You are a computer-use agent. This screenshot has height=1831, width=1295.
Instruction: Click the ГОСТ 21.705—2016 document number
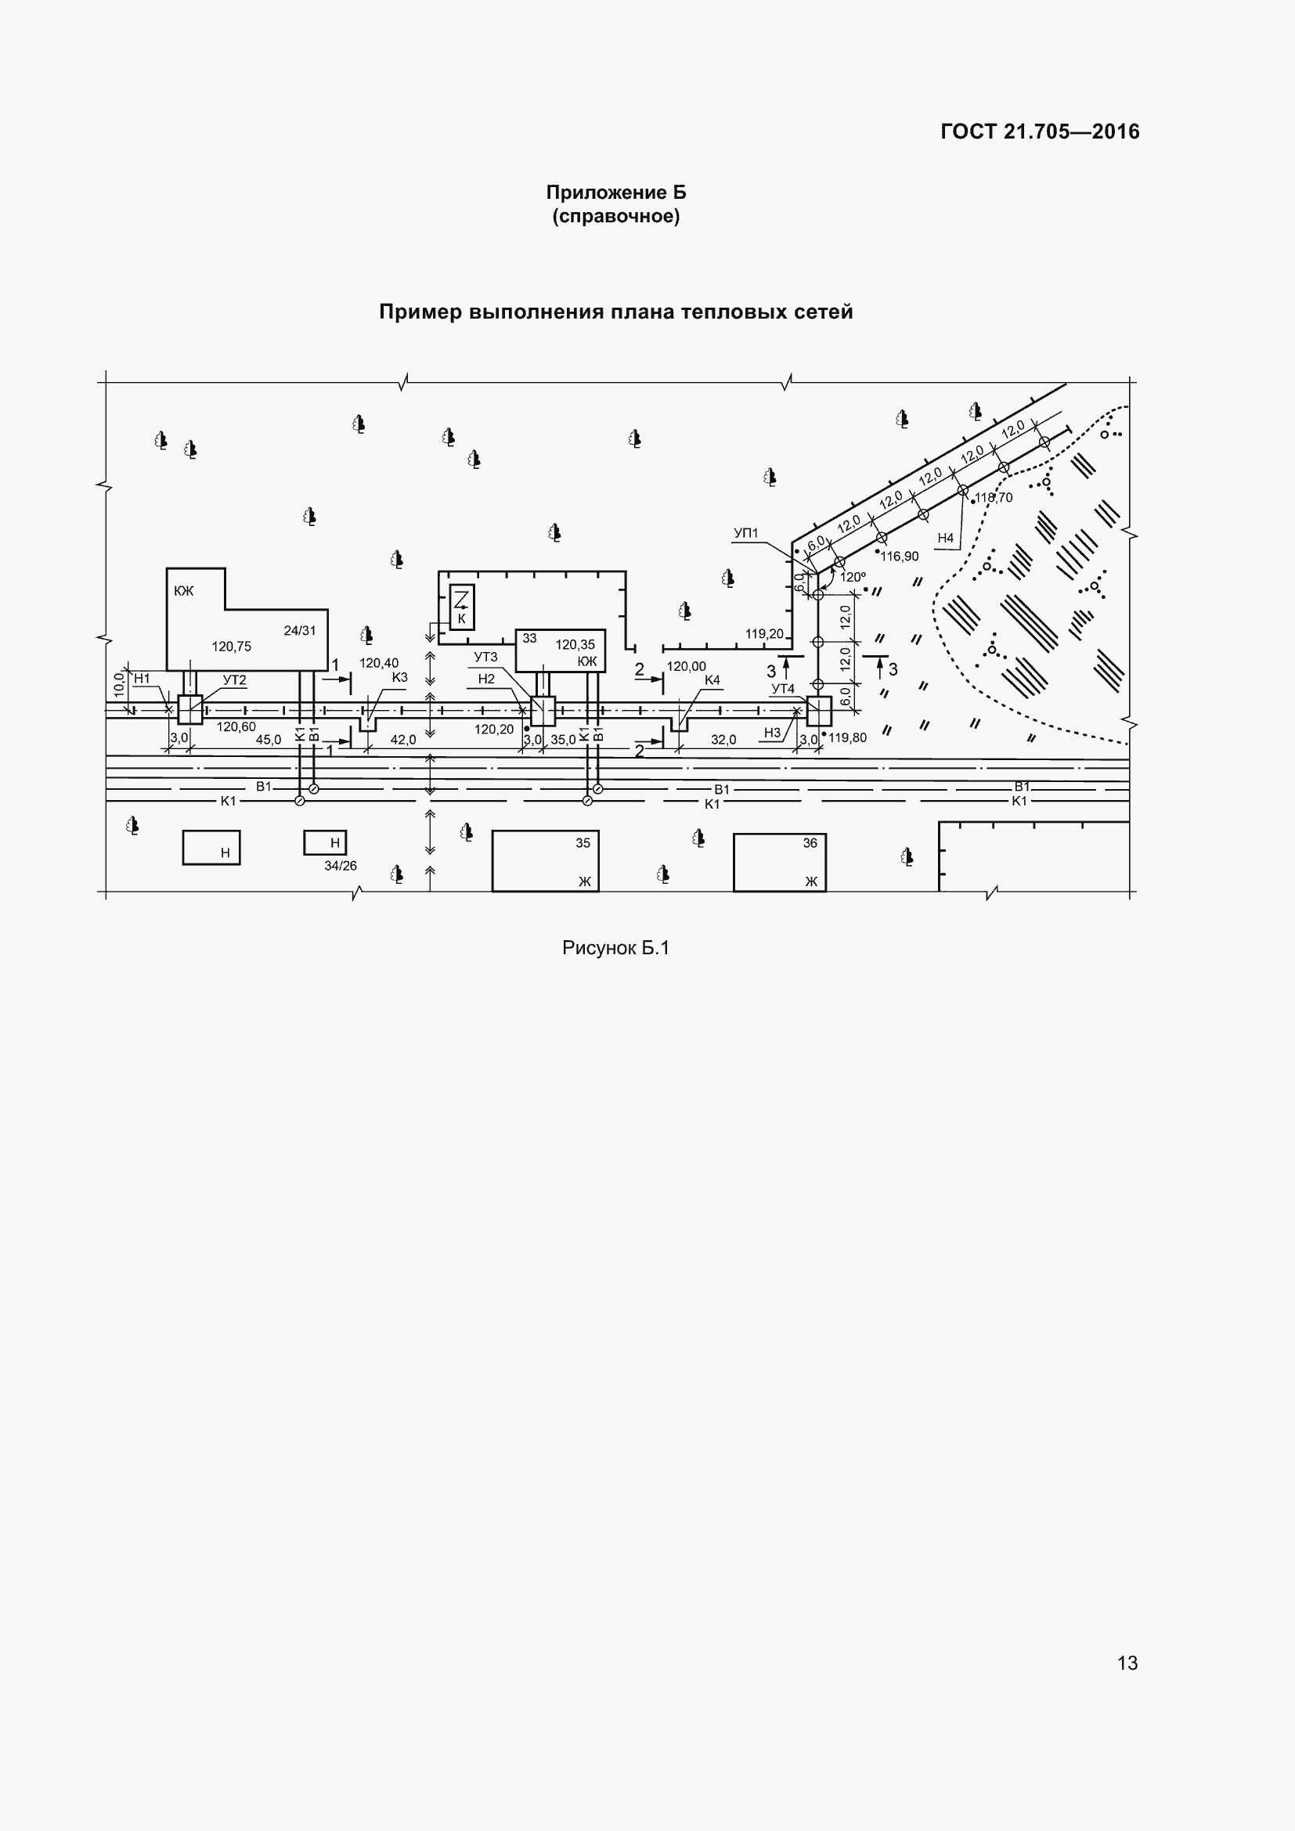click(x=1040, y=132)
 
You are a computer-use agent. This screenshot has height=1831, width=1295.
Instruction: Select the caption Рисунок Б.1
click(x=615, y=947)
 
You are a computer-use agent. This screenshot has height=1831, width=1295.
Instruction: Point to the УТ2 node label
click(x=234, y=680)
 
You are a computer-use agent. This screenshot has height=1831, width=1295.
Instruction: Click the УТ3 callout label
click(x=485, y=657)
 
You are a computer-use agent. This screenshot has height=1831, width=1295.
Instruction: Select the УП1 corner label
click(x=746, y=534)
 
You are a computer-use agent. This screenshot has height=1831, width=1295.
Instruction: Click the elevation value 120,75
click(x=231, y=647)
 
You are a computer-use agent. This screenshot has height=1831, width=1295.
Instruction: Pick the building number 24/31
click(x=300, y=631)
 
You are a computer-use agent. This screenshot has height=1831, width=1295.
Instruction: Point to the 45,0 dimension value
click(x=269, y=740)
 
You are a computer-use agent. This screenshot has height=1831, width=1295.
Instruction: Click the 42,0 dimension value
click(x=403, y=740)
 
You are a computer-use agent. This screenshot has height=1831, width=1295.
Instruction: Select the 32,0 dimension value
click(x=724, y=740)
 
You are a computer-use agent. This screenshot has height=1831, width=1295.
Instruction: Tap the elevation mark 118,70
click(x=994, y=498)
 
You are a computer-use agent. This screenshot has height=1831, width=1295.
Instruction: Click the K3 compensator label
click(x=400, y=678)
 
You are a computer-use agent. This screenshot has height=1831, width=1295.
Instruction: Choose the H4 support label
click(x=946, y=539)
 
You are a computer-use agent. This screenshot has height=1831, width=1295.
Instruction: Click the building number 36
click(x=810, y=843)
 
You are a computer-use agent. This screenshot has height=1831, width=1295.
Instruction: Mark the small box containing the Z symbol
click(x=462, y=607)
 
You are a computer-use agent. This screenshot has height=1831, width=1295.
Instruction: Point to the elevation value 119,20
click(x=765, y=634)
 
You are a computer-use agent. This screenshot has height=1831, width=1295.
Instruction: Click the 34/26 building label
click(x=341, y=866)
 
